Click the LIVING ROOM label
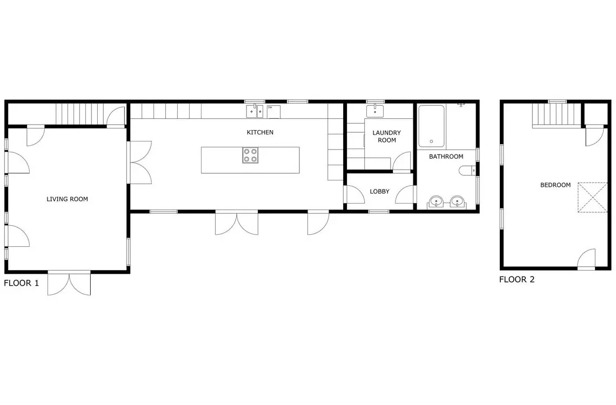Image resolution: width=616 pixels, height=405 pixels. click(67, 199)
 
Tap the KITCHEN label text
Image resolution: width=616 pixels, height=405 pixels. click(260, 132)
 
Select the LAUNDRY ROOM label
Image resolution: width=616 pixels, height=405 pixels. click(386, 137)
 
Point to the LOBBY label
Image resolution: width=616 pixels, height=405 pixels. click(379, 192)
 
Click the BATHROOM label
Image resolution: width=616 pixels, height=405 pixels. click(446, 157)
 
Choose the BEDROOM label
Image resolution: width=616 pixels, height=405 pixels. click(555, 185)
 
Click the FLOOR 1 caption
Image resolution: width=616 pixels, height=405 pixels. click(22, 283)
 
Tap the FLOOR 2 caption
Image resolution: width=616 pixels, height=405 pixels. click(517, 279)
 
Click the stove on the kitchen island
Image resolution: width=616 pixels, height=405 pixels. click(250, 155)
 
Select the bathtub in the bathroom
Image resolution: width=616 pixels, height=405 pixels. click(431, 126)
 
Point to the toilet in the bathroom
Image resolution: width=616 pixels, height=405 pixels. click(467, 171)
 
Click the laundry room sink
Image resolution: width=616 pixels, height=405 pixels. click(375, 111)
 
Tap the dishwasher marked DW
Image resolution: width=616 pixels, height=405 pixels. click(273, 111)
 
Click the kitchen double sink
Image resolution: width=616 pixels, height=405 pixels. click(255, 111)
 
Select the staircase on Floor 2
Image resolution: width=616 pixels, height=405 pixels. click(556, 115)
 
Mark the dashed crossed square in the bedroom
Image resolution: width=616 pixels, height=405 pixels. click(592, 198)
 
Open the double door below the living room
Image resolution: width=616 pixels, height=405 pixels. click(69, 283)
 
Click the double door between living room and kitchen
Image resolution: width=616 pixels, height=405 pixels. click(139, 163)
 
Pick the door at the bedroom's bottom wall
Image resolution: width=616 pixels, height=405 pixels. click(586, 259)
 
